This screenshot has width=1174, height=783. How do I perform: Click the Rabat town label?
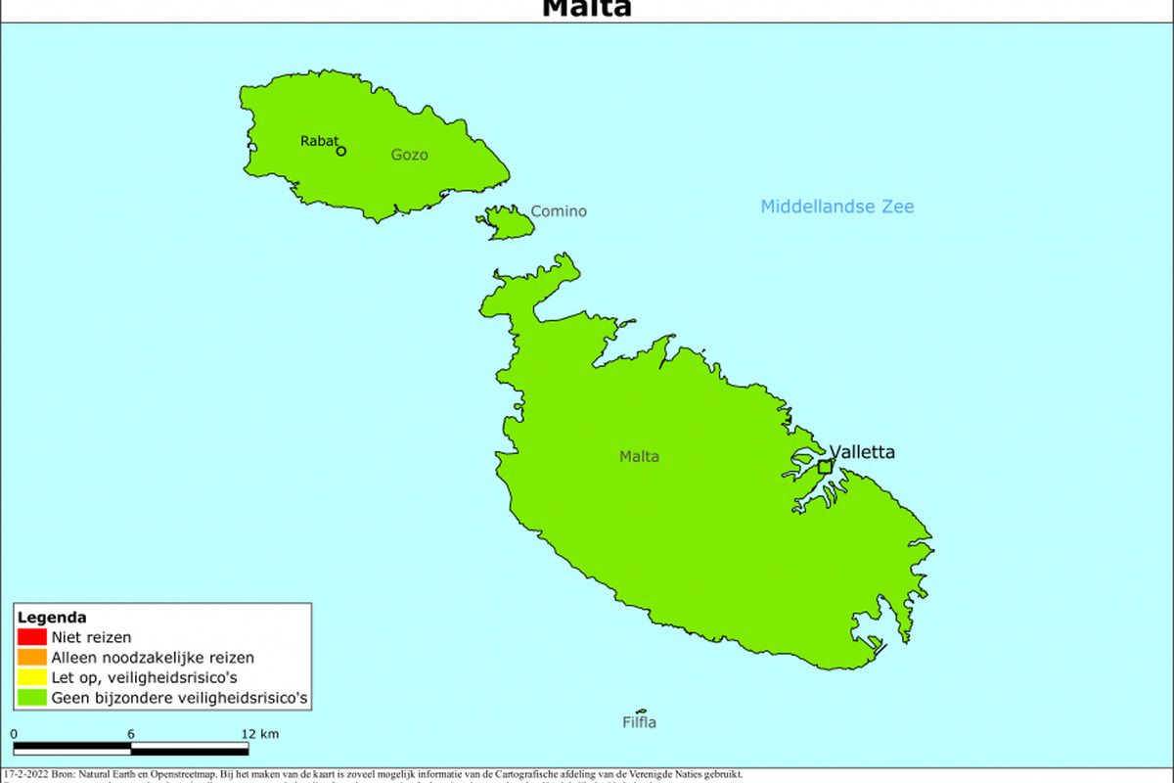(319, 141)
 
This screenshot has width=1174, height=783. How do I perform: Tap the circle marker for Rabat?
(340, 151)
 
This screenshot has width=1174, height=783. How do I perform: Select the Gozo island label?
(409, 155)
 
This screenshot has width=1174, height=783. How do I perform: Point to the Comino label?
(559, 211)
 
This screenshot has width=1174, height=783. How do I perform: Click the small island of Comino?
(510, 223)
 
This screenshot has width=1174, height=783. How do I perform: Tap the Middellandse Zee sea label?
(837, 207)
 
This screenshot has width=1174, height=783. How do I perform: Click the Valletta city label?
(862, 452)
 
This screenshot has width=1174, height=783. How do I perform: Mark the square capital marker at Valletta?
(825, 467)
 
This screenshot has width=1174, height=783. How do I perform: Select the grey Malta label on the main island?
(639, 456)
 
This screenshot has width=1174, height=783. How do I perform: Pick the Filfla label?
(639, 723)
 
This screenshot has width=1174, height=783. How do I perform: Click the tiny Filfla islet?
(641, 712)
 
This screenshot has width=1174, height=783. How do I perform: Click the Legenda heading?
(52, 618)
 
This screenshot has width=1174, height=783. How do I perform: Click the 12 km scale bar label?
(260, 734)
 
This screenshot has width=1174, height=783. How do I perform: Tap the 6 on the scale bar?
(130, 734)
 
